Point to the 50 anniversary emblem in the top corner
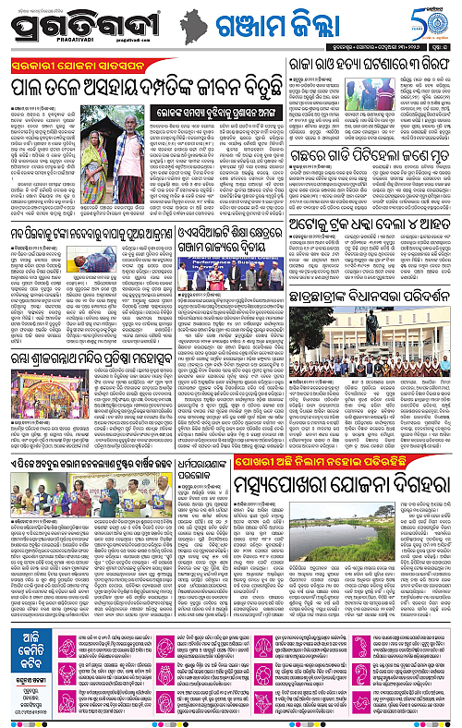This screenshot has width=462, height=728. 442,23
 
